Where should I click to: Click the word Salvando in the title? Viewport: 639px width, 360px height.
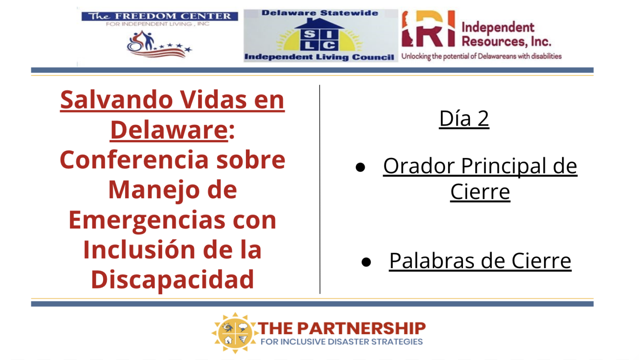pos(116,100)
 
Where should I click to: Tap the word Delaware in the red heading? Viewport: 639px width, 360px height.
pos(169,130)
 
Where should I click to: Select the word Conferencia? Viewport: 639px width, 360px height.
pos(134,160)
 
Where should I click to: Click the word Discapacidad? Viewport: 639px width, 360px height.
pos(172,280)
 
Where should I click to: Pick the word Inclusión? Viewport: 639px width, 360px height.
pos(139,250)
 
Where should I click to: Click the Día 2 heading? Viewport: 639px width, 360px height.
pos(464,118)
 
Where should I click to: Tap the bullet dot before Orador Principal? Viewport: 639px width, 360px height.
pos(360,167)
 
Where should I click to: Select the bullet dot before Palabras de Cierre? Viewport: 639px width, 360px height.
pos(366,262)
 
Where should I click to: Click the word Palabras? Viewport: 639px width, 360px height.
pos(433,261)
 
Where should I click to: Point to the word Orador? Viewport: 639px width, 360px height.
pos(419,166)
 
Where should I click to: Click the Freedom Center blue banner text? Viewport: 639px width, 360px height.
pos(160,16)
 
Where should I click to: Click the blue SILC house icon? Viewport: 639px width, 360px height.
pos(319,35)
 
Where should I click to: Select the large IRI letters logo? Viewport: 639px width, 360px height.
pos(428,29)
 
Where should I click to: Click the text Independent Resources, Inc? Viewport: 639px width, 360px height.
pos(506,34)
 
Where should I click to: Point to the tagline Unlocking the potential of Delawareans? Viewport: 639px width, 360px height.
pos(481,57)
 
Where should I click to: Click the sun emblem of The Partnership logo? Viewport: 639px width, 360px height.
pos(235,333)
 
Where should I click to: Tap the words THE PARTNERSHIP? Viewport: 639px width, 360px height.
pos(342,328)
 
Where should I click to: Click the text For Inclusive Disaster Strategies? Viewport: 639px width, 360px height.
pos(342,341)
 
